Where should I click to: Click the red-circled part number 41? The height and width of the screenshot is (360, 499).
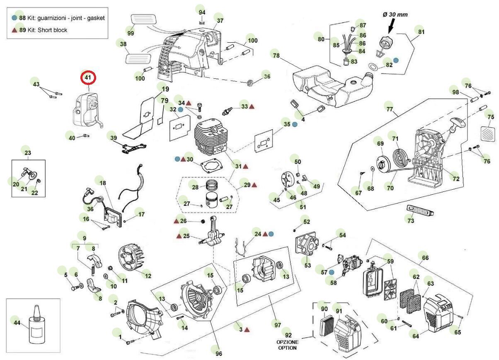88,77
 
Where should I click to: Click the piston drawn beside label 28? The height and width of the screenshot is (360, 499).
214,200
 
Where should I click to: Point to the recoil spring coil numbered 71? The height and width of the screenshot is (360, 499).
401,159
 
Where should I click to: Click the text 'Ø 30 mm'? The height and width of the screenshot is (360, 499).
395,14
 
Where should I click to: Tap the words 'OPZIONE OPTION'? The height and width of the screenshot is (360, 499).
286,345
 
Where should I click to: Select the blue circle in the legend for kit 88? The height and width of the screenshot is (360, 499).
15,18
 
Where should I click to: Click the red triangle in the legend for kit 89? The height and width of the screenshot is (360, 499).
15,30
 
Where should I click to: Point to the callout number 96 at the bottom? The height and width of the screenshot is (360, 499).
219,353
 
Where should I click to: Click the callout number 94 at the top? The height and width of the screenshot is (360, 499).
202,12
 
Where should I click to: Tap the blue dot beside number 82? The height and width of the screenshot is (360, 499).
396,60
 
